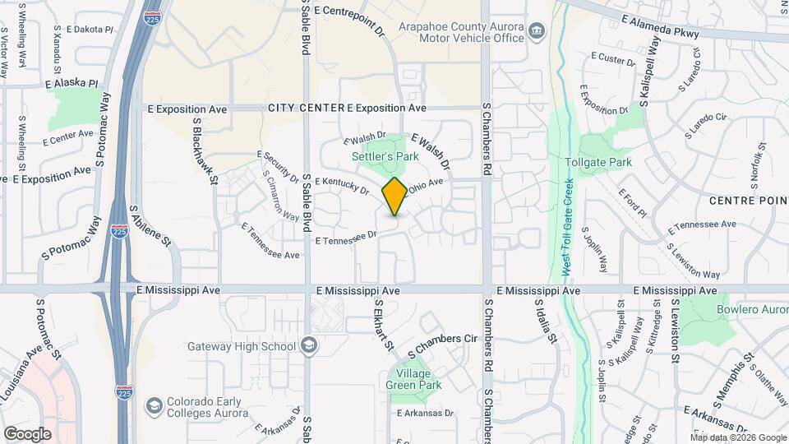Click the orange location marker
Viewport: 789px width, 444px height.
tap(394, 197)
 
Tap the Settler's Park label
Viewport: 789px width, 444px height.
tap(385, 156)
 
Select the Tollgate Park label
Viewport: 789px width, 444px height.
tap(598, 162)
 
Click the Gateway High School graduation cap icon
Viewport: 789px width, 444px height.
tap(308, 345)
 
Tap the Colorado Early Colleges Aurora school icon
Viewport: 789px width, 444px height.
tap(154, 405)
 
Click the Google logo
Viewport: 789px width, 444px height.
tap(27, 433)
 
